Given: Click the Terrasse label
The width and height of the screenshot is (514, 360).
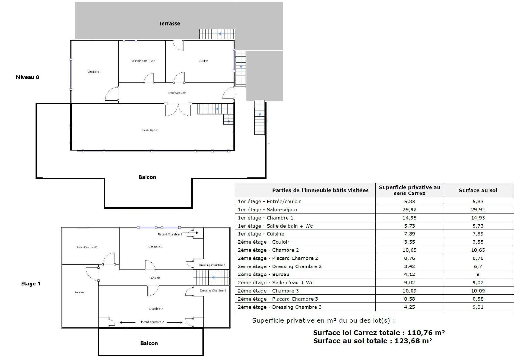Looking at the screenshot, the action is tap(169, 23).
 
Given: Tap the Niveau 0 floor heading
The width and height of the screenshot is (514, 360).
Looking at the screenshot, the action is tap(28, 77).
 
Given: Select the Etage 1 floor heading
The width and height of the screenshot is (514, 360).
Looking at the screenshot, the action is tap(31, 283).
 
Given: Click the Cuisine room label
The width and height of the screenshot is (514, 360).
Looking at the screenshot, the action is tap(203, 61).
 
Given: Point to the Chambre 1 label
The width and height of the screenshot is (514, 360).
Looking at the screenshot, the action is tap(94, 72).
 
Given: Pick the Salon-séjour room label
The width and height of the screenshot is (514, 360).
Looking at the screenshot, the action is tap(150, 130).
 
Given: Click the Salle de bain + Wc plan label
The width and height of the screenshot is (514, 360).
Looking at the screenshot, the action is tap(143, 61).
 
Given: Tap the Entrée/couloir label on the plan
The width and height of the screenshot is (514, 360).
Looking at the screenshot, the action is tap(177, 93).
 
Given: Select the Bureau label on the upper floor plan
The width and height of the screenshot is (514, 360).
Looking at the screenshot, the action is tap(79, 292).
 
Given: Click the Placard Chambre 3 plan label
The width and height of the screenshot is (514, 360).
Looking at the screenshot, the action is tap(170, 234).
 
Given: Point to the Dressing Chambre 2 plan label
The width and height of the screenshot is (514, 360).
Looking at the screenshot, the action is tap(213, 291).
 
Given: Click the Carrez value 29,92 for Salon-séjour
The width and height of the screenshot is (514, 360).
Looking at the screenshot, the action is tap(410, 209).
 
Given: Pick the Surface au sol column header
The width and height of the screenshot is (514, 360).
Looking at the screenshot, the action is tap(478, 190).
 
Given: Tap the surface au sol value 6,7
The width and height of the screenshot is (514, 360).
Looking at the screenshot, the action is tap(478, 266).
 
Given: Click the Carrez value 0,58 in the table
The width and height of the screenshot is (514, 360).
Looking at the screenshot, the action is tap(410, 299).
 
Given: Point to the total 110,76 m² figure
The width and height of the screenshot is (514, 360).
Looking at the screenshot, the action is tap(426, 333).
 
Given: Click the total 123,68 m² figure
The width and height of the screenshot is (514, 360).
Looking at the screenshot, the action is tap(413, 341).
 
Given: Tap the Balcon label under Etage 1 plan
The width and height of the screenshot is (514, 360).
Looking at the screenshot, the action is tap(149, 343).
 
